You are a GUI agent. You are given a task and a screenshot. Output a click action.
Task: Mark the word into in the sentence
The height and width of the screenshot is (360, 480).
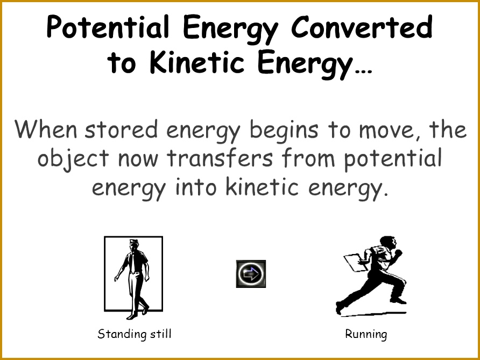pyautogui.click(x=194, y=188)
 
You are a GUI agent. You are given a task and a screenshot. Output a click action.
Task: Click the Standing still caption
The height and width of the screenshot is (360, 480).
pyautogui.click(x=135, y=334)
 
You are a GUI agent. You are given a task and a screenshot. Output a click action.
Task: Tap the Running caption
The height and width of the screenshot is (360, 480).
pyautogui.click(x=366, y=334)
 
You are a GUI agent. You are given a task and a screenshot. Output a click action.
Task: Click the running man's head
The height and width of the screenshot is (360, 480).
pyautogui.click(x=385, y=242)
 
